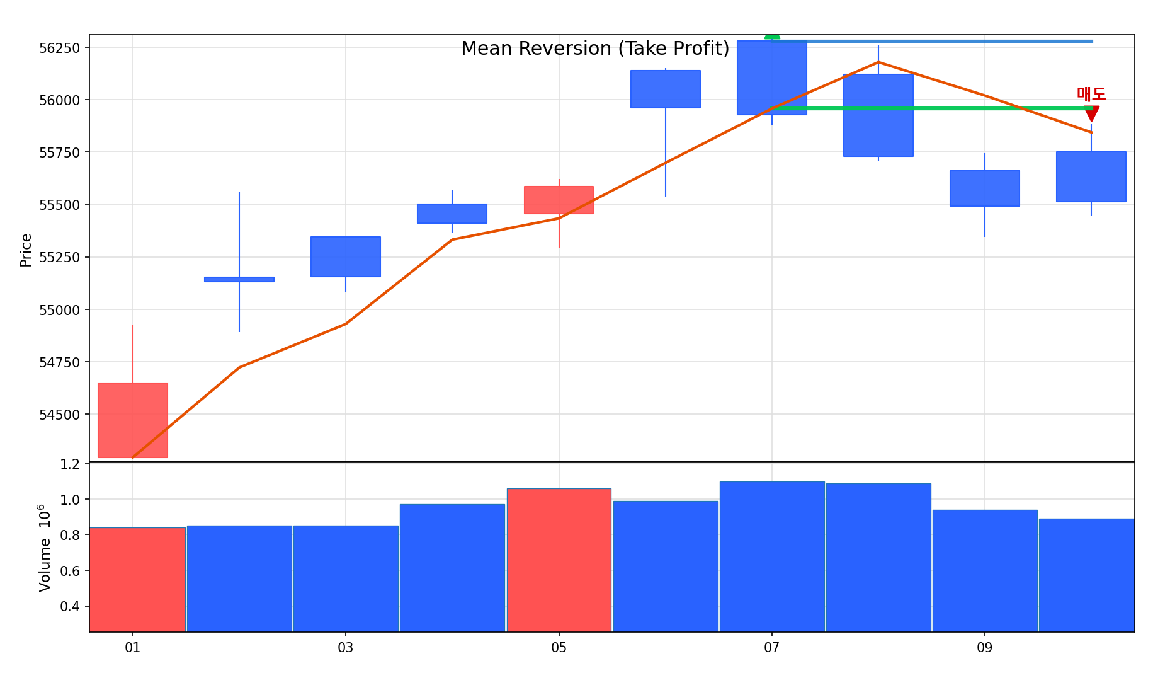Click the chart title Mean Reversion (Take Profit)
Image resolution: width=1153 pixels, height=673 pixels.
click(x=595, y=49)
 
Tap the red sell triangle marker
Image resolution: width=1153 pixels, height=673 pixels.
click(x=1091, y=113)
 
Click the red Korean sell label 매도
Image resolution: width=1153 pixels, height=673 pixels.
click(x=1091, y=94)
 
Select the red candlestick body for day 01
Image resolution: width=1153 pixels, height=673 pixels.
click(x=133, y=420)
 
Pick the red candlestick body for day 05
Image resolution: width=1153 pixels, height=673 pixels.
click(x=559, y=200)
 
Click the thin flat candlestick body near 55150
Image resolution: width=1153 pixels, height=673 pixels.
click(x=239, y=279)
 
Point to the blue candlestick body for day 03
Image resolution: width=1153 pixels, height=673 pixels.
click(x=346, y=256)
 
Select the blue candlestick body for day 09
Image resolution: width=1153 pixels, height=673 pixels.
click(x=984, y=188)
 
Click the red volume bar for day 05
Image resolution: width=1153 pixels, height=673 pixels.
click(x=559, y=560)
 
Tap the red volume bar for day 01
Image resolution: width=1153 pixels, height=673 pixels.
click(x=137, y=579)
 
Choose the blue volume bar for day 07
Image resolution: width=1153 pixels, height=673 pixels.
click(x=772, y=556)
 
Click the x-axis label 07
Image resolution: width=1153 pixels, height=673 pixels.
click(x=772, y=647)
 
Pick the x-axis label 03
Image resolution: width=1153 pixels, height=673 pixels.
click(x=346, y=647)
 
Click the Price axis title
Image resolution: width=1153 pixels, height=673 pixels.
click(x=26, y=250)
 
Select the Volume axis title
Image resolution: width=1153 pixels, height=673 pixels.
click(x=45, y=548)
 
